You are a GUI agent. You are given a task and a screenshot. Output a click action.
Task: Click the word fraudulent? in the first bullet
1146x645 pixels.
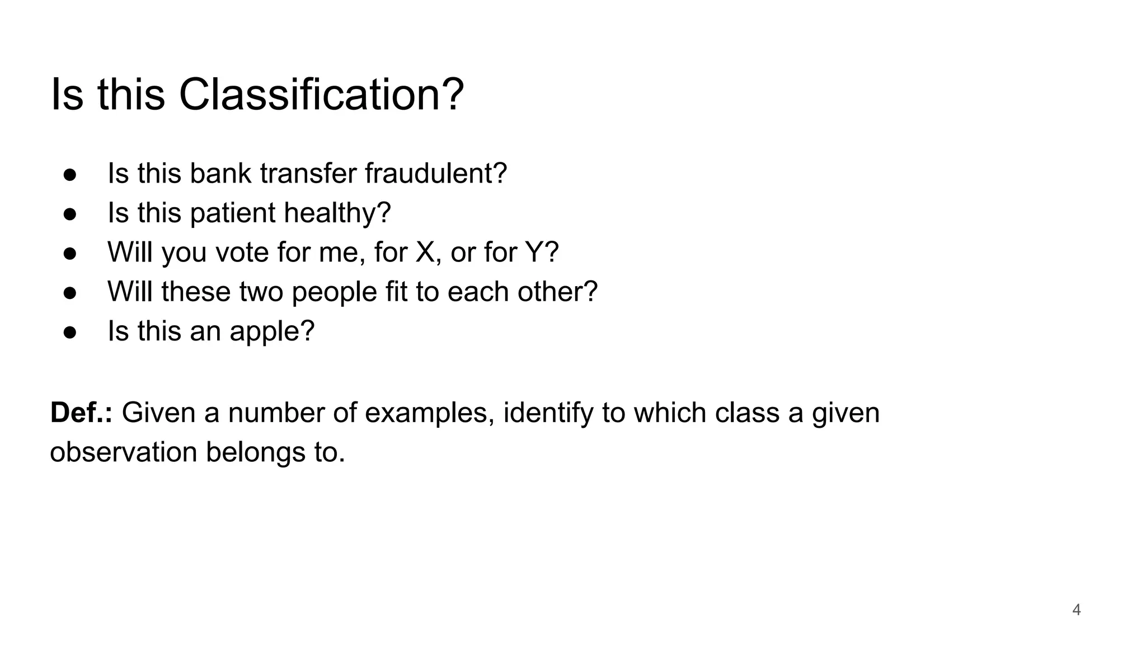coord(436,174)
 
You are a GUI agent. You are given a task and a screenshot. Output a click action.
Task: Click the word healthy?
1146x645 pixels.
coord(337,213)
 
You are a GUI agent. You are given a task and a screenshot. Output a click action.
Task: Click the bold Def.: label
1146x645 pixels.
coord(81,413)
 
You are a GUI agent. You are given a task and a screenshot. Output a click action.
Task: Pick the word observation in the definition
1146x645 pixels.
coord(123,452)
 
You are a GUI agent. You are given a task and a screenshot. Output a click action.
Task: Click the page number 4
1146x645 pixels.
coord(1076,610)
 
